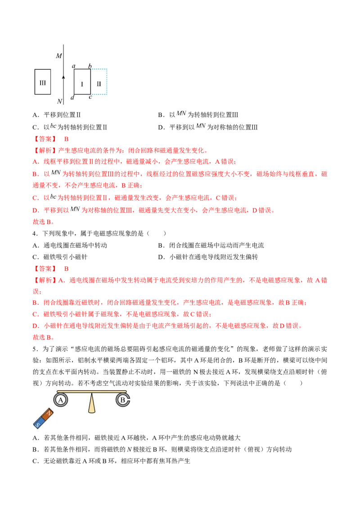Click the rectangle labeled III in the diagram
click(35, 82)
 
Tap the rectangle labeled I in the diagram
click(74, 82)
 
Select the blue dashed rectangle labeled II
click(106, 82)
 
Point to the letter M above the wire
click(59, 56)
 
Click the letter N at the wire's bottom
click(59, 101)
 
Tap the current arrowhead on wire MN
click(63, 77)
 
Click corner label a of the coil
click(74, 66)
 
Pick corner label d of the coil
click(72, 98)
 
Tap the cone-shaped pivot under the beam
click(92, 403)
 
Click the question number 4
click(35, 233)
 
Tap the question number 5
click(35, 349)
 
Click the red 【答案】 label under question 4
click(45, 268)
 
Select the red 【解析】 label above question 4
click(45, 150)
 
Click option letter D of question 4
click(161, 257)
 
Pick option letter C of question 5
click(35, 461)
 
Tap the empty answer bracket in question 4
click(156, 233)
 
